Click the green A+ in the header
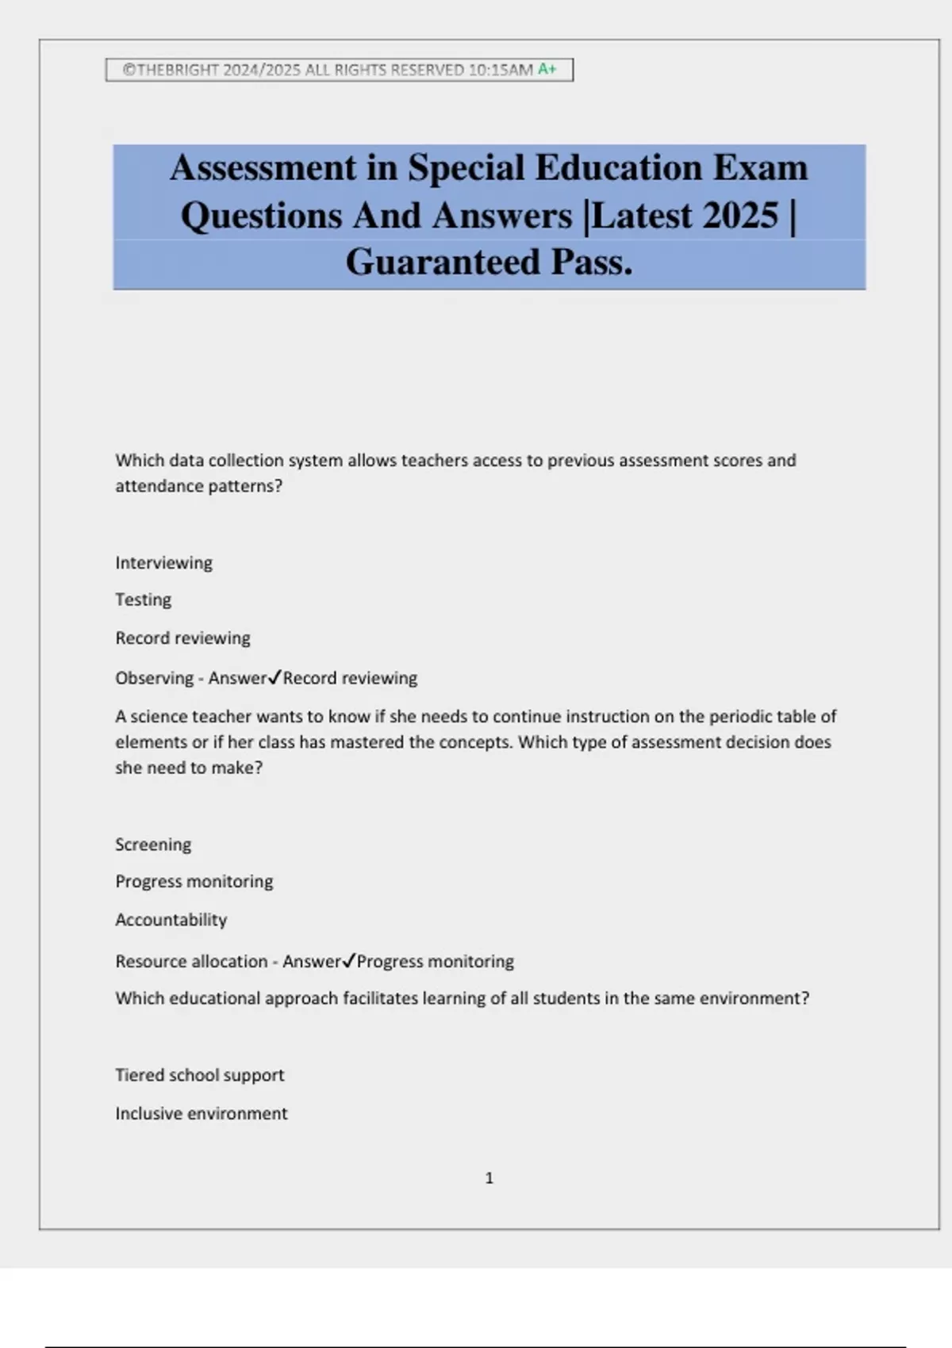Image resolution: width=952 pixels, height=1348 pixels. (547, 69)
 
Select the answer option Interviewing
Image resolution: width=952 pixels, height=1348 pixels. (163, 563)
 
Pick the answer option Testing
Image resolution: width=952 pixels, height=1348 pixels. (143, 599)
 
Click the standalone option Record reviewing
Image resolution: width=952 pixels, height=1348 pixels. (182, 638)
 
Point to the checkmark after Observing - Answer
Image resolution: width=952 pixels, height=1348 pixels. (274, 677)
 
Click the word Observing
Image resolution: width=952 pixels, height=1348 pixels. (154, 678)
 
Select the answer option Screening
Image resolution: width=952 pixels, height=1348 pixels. (153, 844)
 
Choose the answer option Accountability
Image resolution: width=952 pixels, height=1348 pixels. (171, 920)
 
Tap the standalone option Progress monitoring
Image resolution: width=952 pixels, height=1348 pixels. (194, 882)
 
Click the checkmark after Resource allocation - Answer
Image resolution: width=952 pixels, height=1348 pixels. (348, 960)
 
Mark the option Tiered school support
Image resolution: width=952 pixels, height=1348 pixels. (199, 1075)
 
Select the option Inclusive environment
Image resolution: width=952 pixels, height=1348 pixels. (201, 1113)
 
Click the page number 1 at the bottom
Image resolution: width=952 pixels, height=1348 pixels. (489, 1178)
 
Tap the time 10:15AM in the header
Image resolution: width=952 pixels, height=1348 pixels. (501, 70)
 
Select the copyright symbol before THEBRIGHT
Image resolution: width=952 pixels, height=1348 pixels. (129, 70)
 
